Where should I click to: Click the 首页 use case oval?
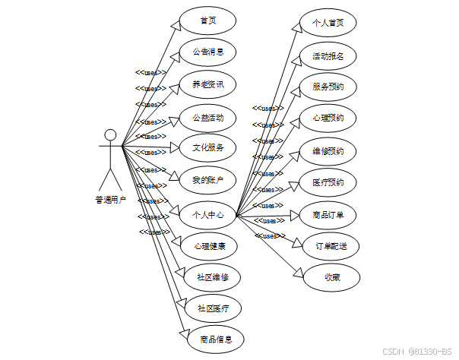pyautogui.click(x=207, y=21)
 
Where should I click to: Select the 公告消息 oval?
pyautogui.click(x=207, y=52)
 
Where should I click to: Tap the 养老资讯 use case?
pyautogui.click(x=207, y=84)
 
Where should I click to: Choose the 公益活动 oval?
pyautogui.click(x=207, y=117)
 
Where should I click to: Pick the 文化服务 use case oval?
pyautogui.click(x=207, y=147)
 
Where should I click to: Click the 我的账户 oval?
pyautogui.click(x=207, y=179)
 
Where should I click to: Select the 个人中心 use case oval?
pyautogui.click(x=207, y=215)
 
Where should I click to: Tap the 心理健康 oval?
pyautogui.click(x=207, y=246)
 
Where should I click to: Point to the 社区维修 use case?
pyautogui.click(x=213, y=276)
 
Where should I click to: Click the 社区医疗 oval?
pyautogui.click(x=213, y=308)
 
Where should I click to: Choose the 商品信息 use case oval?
pyautogui.click(x=216, y=339)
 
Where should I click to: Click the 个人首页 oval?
pyautogui.click(x=328, y=23)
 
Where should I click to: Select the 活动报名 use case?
pyautogui.click(x=328, y=55)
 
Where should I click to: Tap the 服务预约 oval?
pyautogui.click(x=328, y=87)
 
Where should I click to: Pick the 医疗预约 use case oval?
pyautogui.click(x=328, y=182)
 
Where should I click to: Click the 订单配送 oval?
pyautogui.click(x=331, y=246)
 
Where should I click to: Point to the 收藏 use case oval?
pyautogui.click(x=331, y=277)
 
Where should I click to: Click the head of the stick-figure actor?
pyautogui.click(x=111, y=135)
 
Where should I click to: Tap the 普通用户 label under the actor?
pyautogui.click(x=111, y=201)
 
